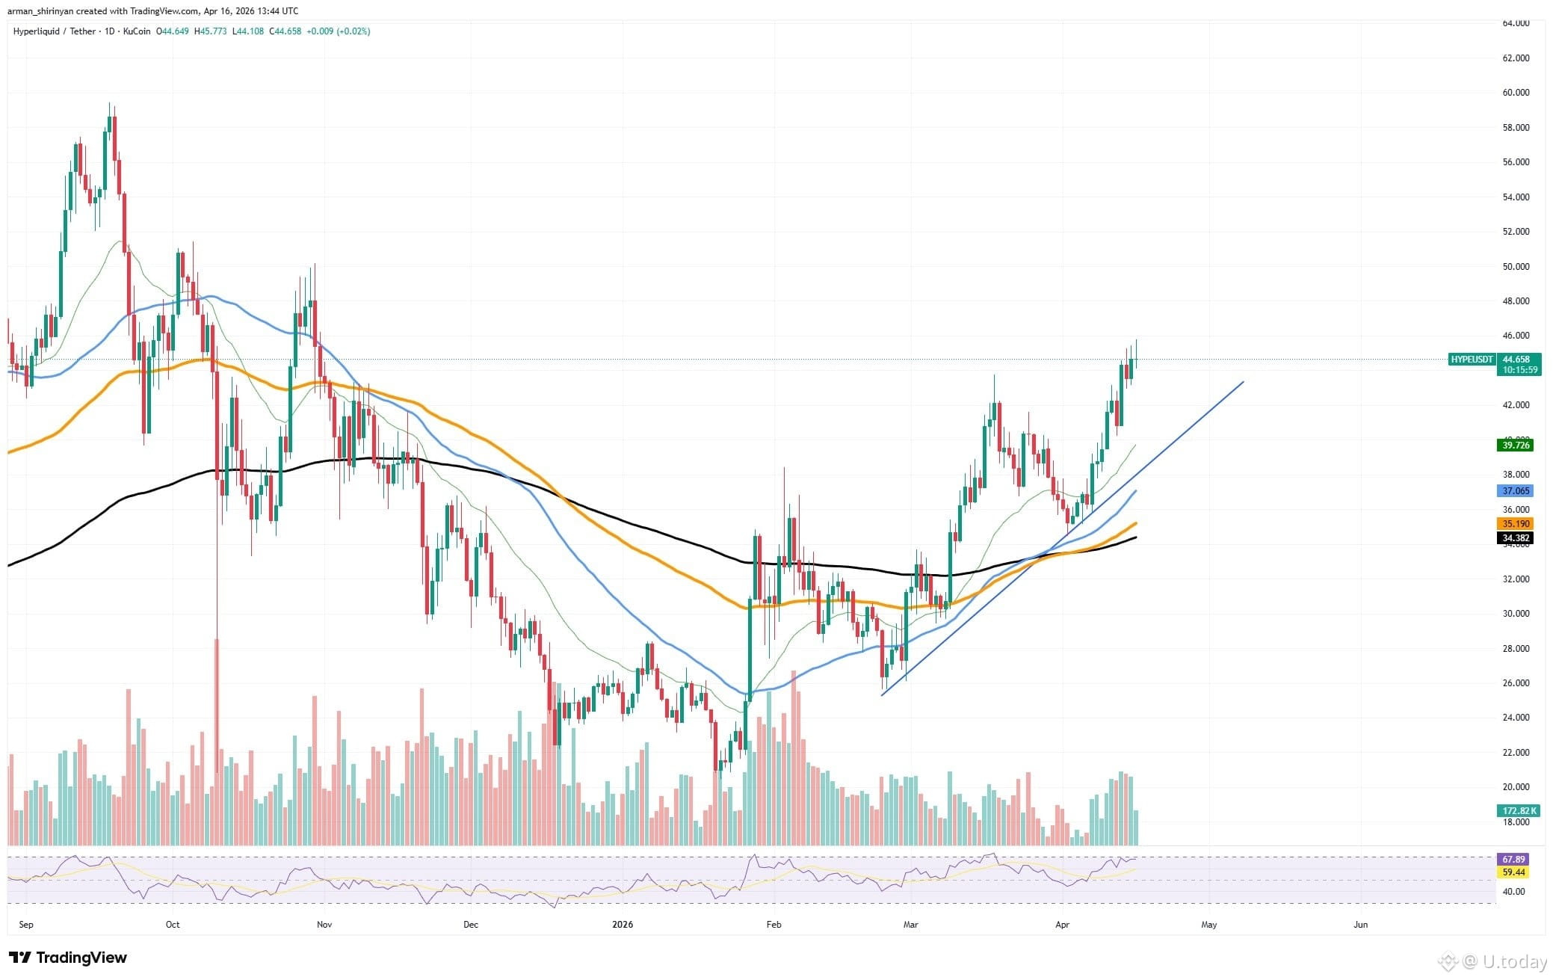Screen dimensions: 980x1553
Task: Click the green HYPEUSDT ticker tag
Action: [1471, 360]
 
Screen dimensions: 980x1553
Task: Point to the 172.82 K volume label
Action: [1519, 810]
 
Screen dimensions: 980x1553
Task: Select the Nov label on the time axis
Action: [324, 925]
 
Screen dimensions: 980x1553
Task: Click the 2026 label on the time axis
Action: [622, 925]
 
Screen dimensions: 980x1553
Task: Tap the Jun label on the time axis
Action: [1361, 925]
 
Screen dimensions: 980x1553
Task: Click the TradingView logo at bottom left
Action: [68, 958]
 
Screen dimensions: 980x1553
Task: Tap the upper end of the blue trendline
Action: [1242, 383]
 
